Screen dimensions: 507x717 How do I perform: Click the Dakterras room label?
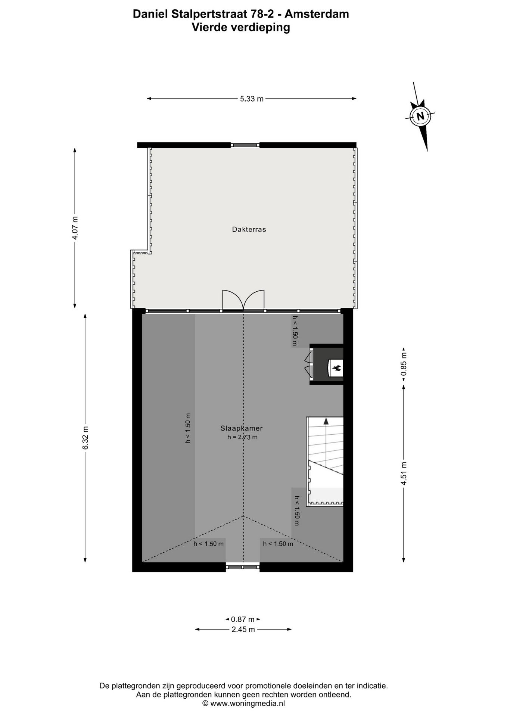pyautogui.click(x=249, y=229)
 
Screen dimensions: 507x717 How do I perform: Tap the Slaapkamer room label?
pyautogui.click(x=242, y=428)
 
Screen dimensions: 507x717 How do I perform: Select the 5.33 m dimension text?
pyautogui.click(x=252, y=99)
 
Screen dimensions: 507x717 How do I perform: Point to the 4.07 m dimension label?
pyautogui.click(x=75, y=228)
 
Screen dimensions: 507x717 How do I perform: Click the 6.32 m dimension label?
pyautogui.click(x=85, y=438)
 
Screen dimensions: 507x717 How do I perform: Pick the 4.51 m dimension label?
pyautogui.click(x=404, y=474)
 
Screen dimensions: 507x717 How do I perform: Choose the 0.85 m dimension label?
pyautogui.click(x=404, y=364)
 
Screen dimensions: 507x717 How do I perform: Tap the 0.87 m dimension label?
pyautogui.click(x=243, y=619)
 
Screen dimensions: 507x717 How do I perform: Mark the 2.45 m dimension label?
pyautogui.click(x=243, y=629)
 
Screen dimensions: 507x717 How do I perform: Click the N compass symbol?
pyautogui.click(x=420, y=116)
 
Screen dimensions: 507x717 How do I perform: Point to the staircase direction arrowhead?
pyautogui.click(x=326, y=421)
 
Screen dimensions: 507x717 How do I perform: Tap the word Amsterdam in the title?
pyautogui.click(x=317, y=14)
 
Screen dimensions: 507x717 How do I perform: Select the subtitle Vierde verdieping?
pyautogui.click(x=241, y=27)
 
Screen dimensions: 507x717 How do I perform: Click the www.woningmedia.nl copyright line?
pyautogui.click(x=243, y=703)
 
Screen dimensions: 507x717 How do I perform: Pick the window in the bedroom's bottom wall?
pyautogui.click(x=243, y=567)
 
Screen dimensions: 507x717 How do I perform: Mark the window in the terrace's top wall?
pyautogui.click(x=245, y=145)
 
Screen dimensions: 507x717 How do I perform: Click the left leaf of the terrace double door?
pyautogui.click(x=233, y=301)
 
